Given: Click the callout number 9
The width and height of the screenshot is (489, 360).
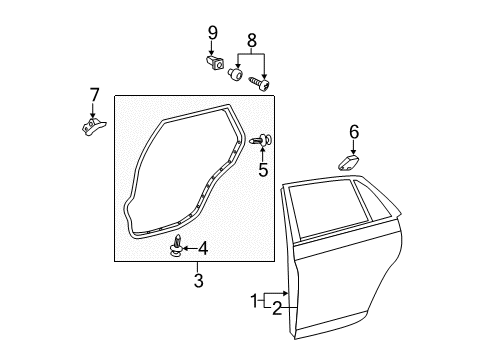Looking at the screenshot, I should coord(212,33).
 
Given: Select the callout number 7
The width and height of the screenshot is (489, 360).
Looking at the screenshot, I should coord(94,95).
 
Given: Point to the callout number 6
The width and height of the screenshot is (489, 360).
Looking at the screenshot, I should coord(353,131).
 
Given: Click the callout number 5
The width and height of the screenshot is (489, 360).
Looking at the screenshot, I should coord(263,170).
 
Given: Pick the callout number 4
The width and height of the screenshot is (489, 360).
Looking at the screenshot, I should coord(202,247).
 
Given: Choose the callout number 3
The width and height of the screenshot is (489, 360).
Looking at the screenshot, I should coord(198,281).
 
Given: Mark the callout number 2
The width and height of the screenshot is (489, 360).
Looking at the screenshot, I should coord(275,308).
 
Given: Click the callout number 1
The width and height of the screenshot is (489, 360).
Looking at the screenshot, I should coord(254,299).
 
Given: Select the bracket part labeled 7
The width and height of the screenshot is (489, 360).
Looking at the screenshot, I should coord(91,127).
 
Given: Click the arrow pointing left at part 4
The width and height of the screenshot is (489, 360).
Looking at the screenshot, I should coord(189,247).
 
